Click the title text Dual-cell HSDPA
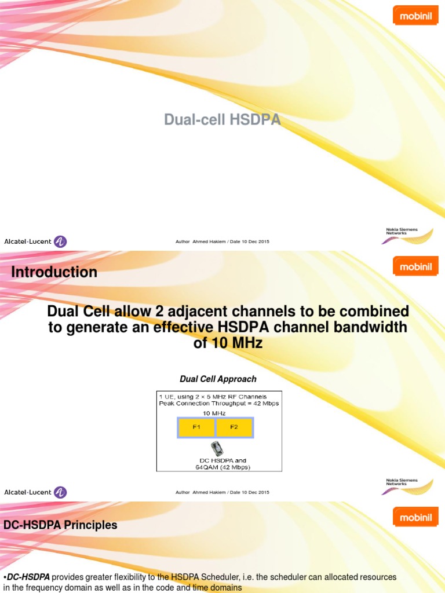[222, 120]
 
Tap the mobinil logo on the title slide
[415, 16]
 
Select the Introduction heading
[54, 272]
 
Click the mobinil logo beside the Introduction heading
[415, 266]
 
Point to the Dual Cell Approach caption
[218, 379]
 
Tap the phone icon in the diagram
[217, 448]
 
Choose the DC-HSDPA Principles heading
[60, 525]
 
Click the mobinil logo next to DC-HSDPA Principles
[415, 517]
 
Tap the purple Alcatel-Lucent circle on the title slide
[60, 241]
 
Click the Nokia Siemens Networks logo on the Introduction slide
[408, 486]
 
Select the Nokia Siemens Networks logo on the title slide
[408, 235]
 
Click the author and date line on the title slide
[222, 241]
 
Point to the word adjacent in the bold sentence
[206, 312]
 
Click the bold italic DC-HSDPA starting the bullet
[28, 577]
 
